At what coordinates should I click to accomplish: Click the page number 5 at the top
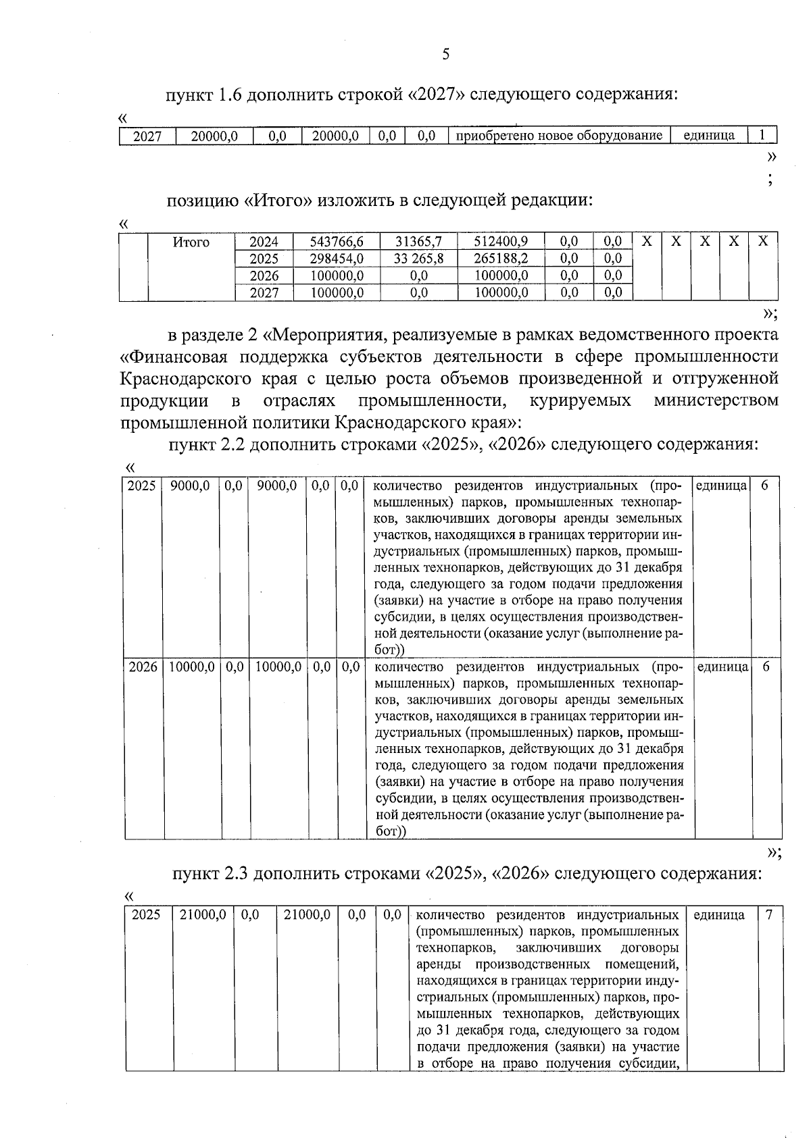445,55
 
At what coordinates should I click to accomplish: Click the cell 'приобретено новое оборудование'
559,136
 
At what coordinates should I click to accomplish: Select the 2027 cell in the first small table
147,136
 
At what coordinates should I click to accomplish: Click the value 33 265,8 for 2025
418,259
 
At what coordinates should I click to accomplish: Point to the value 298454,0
337,259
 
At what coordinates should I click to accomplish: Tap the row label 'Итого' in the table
191,242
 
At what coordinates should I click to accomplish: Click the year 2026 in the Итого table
264,276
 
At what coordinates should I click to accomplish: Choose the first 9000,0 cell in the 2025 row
190,486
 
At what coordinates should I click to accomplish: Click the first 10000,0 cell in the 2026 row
192,667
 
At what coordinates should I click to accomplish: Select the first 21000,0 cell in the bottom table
203,915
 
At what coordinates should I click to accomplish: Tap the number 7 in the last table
769,915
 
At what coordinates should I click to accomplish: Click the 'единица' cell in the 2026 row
722,667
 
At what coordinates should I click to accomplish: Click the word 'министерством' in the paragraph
716,400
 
